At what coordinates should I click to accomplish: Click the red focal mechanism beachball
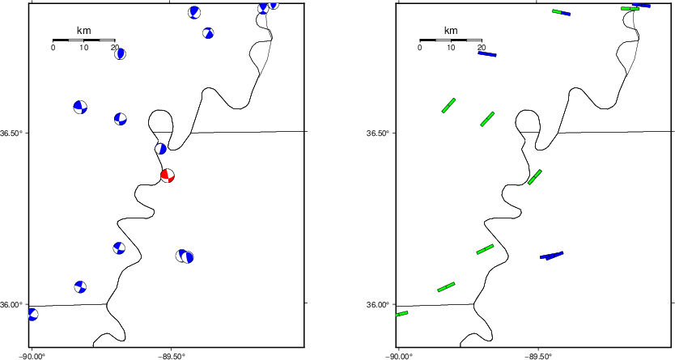[x=168, y=176]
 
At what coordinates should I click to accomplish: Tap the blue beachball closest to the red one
[x=160, y=149]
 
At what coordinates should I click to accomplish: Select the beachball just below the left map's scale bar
[x=120, y=53]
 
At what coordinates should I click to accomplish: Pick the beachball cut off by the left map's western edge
[x=32, y=315]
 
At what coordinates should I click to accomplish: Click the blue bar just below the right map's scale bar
[x=487, y=53]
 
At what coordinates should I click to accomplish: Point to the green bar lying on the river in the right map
[x=535, y=177]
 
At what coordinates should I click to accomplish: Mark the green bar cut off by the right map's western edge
[x=401, y=314]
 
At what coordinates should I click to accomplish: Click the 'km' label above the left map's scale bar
[x=84, y=31]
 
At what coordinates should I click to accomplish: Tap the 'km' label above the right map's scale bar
[x=451, y=31]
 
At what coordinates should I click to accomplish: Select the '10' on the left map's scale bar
[x=84, y=47]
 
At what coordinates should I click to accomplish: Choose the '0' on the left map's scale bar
[x=53, y=47]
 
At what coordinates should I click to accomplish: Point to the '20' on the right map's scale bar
[x=482, y=47]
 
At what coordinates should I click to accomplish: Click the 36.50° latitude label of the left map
[x=11, y=133]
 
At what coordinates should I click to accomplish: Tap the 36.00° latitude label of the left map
[x=11, y=304]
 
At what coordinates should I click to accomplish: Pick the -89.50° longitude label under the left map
[x=172, y=356]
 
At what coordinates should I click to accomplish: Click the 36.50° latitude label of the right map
[x=378, y=133]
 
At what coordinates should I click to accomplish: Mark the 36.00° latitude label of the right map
[x=378, y=304]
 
